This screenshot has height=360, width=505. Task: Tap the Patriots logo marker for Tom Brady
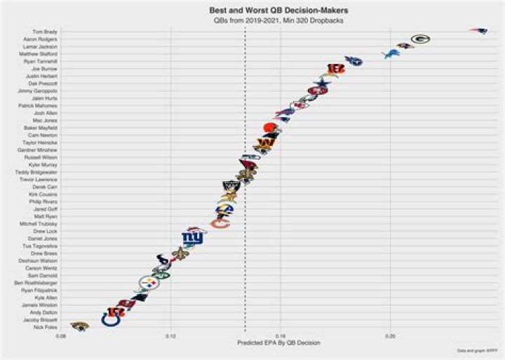pyautogui.click(x=479, y=32)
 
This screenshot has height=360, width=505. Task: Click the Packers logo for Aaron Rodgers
pyautogui.click(x=420, y=39)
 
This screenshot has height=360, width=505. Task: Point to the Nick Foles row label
pyautogui.click(x=46, y=327)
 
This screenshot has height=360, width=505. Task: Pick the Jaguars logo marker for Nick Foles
pyautogui.click(x=79, y=326)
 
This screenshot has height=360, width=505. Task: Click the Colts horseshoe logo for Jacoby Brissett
pyautogui.click(x=111, y=319)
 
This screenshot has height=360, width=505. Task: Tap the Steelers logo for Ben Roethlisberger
pyautogui.click(x=149, y=283)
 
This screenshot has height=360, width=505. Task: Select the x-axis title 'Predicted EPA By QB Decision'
pyautogui.click(x=279, y=343)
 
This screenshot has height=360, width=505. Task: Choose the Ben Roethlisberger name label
pyautogui.click(x=36, y=283)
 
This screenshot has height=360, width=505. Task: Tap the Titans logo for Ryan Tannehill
pyautogui.click(x=353, y=61)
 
